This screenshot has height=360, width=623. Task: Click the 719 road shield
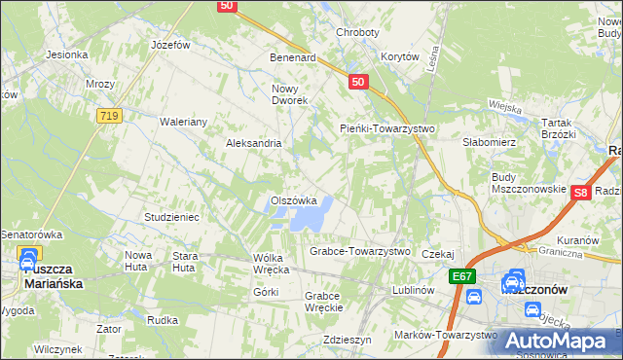109,116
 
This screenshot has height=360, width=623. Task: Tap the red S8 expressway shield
581,194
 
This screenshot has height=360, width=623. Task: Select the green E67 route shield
463,277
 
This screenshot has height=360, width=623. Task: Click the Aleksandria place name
253,143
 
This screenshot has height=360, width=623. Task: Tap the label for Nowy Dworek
289,94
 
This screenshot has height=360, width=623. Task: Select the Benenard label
293,57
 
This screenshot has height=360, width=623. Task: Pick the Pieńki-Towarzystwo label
386,128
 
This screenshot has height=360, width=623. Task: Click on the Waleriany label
183,122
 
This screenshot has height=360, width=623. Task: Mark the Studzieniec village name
171,217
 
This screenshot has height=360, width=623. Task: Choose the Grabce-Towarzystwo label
360,251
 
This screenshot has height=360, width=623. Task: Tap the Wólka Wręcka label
272,263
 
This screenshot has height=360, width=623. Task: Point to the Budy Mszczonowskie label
529,183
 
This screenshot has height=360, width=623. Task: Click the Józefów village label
169,45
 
